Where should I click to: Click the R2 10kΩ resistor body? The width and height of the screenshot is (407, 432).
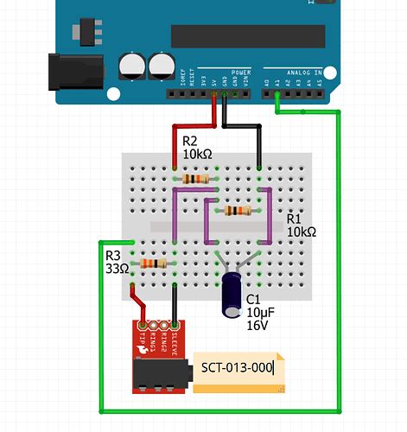point(196,179)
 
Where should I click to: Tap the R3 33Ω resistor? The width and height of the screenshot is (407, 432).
point(153,263)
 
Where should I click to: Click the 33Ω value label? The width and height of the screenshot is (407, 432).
point(117,269)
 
